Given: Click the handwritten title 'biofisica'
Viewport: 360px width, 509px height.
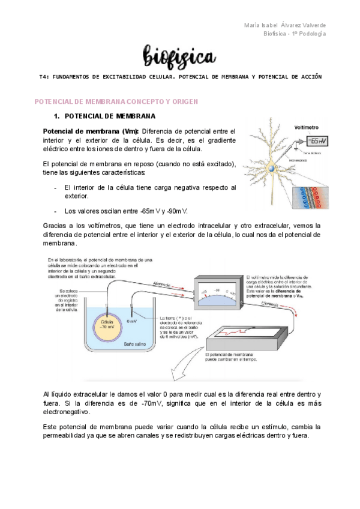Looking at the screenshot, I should [x=179, y=58].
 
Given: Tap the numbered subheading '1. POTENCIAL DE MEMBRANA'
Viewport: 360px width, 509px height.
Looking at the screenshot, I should [x=105, y=115].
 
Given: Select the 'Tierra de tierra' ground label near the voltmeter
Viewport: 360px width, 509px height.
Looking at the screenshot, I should [x=314, y=154].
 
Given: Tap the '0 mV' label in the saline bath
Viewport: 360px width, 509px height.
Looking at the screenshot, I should [x=133, y=322].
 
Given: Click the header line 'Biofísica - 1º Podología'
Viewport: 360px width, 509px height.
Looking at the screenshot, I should [x=295, y=34].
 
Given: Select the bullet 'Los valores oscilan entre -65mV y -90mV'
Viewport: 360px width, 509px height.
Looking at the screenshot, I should [x=126, y=211].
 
